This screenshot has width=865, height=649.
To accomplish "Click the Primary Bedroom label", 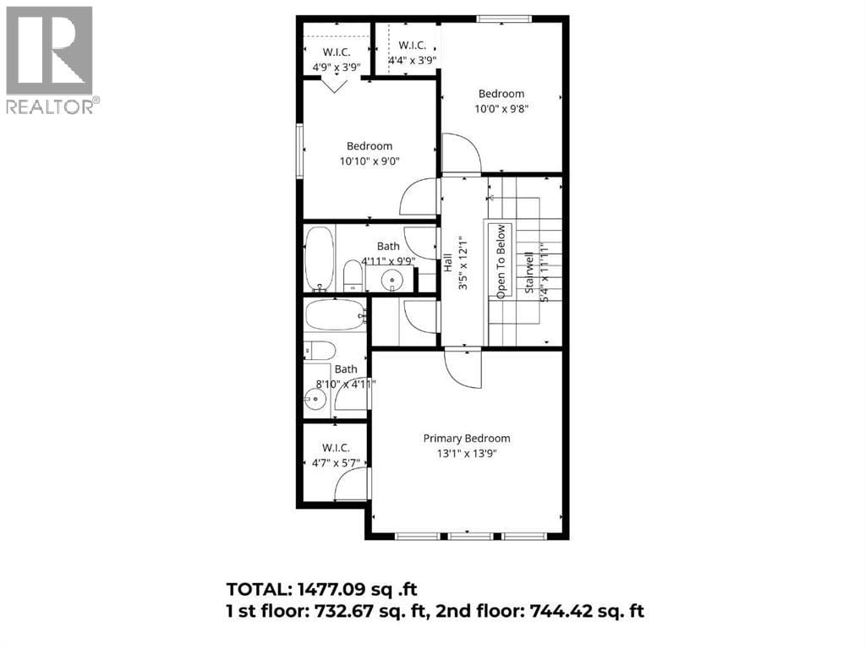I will click(467, 439).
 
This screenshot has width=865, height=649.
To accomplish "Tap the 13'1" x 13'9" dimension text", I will click(467, 454).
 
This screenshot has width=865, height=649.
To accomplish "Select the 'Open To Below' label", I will click(501, 261).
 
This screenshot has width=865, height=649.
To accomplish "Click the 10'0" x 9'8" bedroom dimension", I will click(501, 108).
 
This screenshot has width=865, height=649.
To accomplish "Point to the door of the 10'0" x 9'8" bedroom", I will click(461, 155).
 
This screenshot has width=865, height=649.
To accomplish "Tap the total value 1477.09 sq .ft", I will click(364, 589).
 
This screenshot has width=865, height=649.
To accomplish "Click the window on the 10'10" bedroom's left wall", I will click(299, 151).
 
